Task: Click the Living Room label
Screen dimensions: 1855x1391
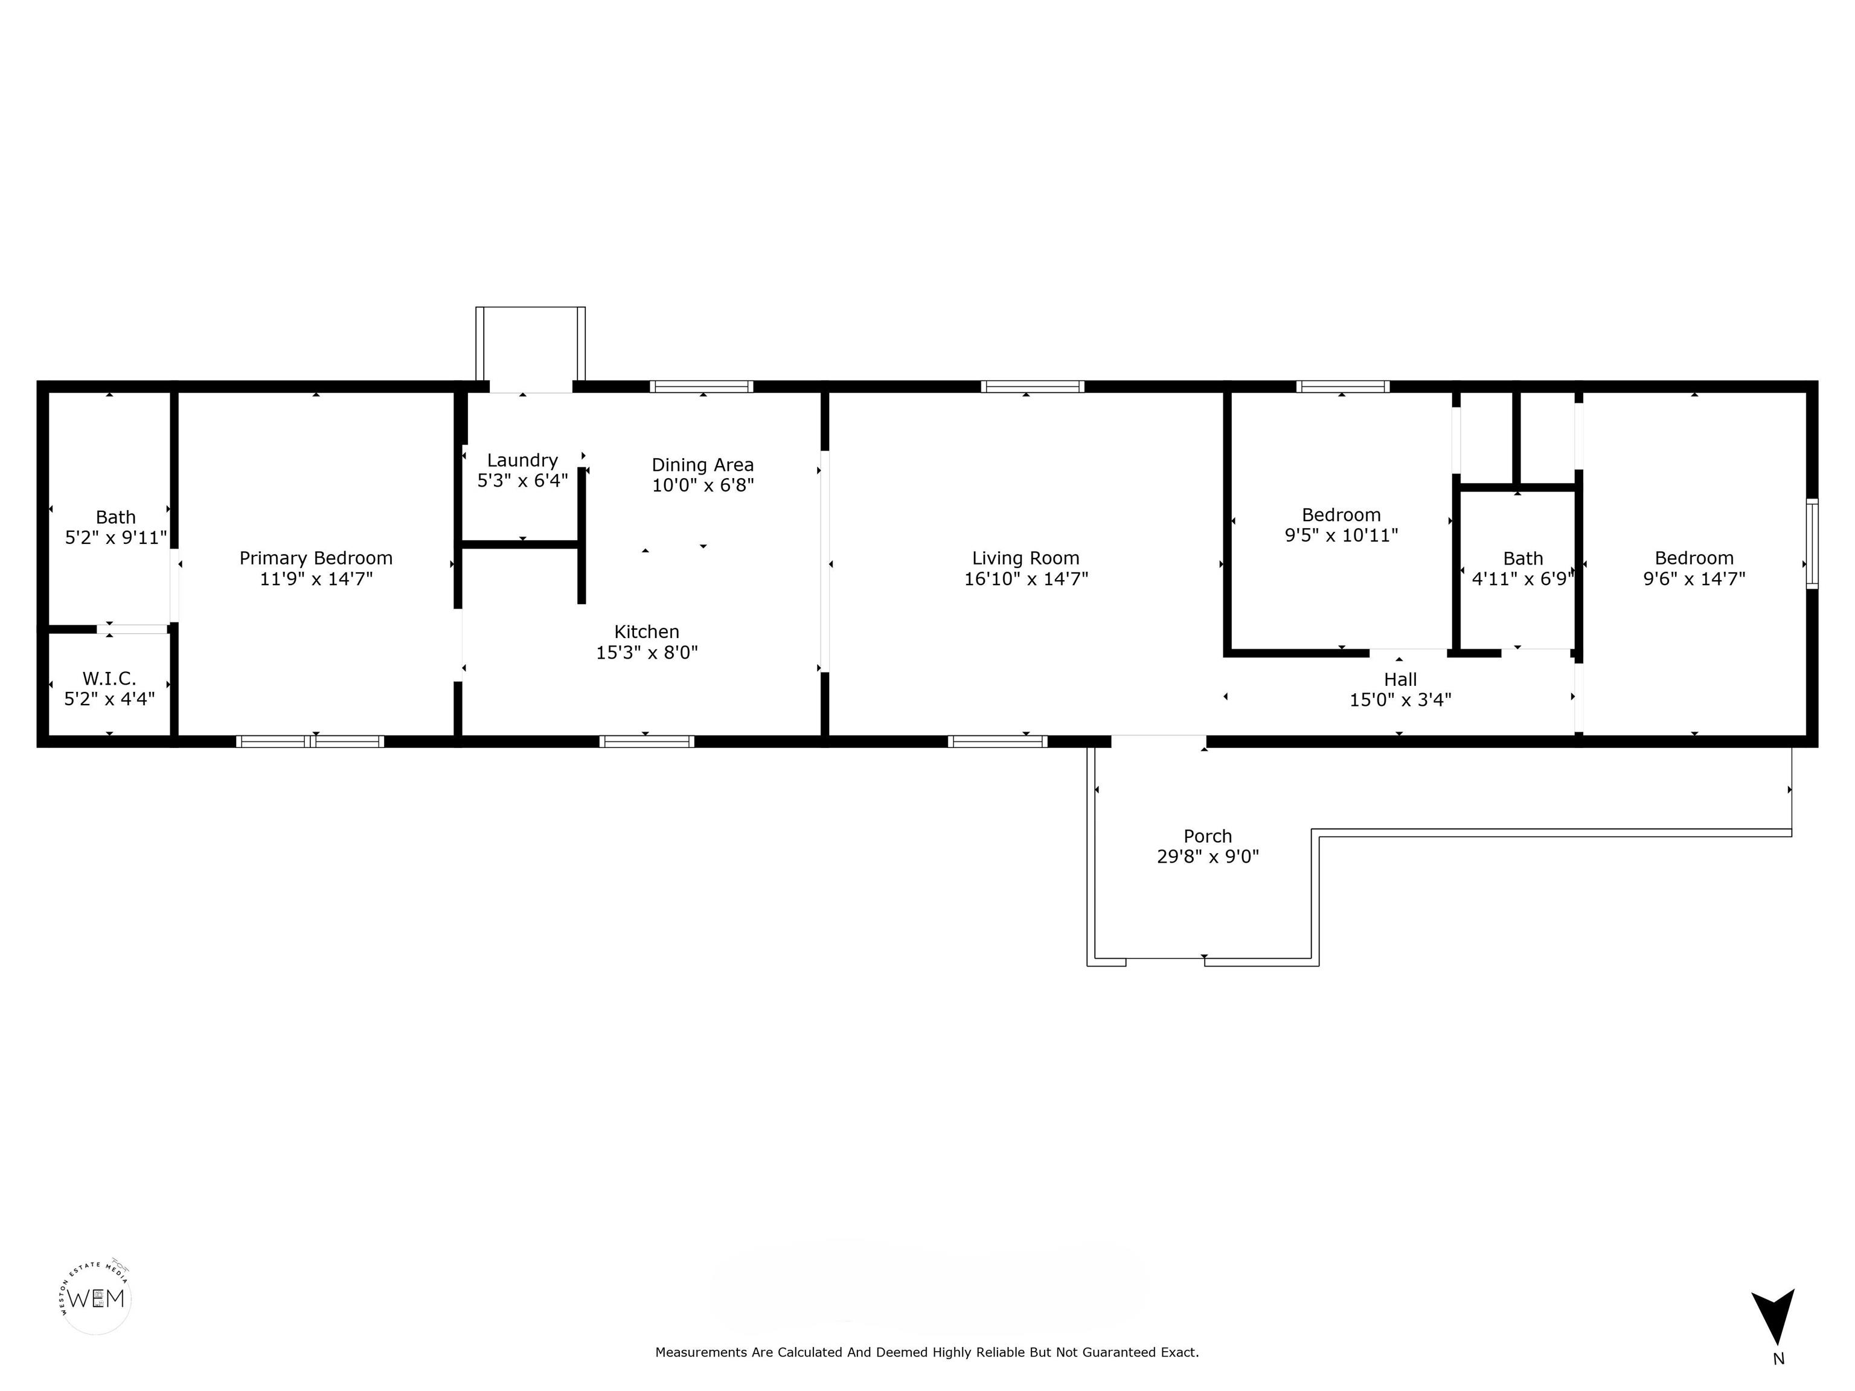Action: click(x=1025, y=558)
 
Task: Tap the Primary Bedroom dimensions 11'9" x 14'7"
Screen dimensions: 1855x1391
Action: click(x=316, y=578)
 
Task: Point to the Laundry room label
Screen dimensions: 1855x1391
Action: click(x=522, y=460)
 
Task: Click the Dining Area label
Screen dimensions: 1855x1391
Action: click(x=703, y=464)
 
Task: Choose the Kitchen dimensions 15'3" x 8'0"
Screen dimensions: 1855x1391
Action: click(x=647, y=652)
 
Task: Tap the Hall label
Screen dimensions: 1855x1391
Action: click(x=1400, y=680)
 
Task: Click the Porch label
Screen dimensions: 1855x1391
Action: click(x=1208, y=836)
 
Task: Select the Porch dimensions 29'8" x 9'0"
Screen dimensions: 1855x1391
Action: click(x=1208, y=856)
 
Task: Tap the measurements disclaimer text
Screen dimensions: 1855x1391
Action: click(x=927, y=1352)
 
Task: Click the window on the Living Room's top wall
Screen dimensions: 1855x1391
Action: click(x=1033, y=386)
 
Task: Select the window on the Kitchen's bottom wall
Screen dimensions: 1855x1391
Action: click(x=647, y=741)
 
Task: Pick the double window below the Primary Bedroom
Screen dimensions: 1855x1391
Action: click(x=310, y=741)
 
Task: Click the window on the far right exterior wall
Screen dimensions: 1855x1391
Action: click(x=1812, y=543)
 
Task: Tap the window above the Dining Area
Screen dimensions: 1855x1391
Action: click(x=701, y=386)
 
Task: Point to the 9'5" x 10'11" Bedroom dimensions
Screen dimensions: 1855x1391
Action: click(x=1341, y=535)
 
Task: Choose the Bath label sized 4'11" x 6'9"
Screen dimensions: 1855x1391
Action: click(x=1523, y=558)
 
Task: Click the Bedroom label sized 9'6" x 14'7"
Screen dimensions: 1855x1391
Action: click(x=1694, y=558)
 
